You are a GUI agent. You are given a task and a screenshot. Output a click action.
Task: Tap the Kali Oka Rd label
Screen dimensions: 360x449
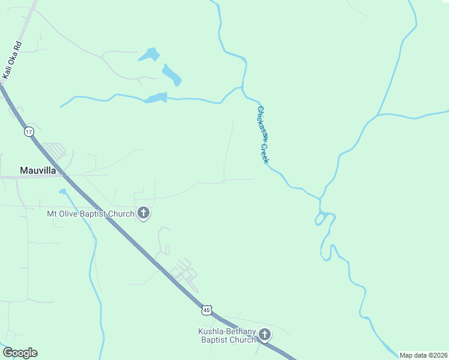coord(12,60)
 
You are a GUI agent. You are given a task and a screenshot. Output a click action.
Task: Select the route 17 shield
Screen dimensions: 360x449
coord(29,131)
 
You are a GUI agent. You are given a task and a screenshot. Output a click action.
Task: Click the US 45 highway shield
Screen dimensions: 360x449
coord(206,310)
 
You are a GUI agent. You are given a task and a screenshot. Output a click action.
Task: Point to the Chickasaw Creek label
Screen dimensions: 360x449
coord(263,134)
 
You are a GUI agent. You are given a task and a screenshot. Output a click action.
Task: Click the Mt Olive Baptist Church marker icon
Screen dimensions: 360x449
coord(143,213)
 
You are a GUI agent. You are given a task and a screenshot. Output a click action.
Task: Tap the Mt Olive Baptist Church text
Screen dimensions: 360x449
coord(90,214)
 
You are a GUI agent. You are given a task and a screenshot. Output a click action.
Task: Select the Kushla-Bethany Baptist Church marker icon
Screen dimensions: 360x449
coord(265,335)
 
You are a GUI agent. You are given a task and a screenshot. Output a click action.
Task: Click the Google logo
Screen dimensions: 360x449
coord(20,353)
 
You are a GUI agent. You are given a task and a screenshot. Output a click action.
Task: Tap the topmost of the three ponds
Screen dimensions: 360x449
coord(149,55)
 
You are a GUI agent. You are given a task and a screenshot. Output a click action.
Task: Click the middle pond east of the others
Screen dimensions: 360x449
coord(172,75)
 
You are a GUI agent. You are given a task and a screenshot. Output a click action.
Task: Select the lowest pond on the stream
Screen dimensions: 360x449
coord(155,97)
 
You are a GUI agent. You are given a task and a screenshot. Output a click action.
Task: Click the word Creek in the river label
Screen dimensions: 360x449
coord(265,152)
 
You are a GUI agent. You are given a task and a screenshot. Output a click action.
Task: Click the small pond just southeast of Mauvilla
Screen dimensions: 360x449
coord(62,191)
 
